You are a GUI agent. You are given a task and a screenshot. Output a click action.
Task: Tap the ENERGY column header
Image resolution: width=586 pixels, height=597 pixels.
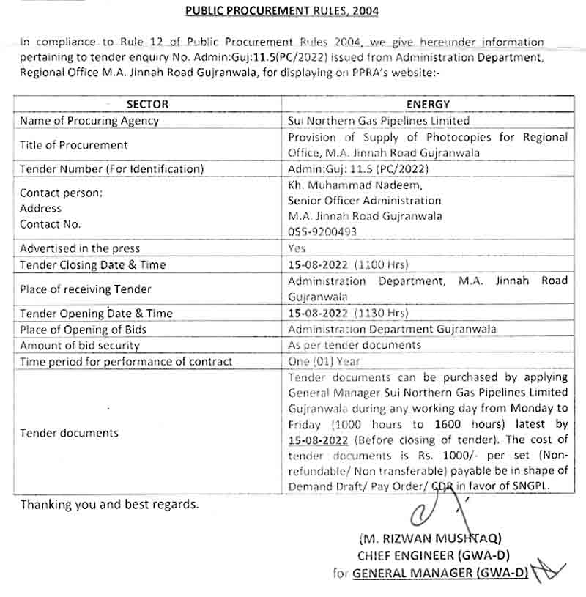click(x=428, y=105)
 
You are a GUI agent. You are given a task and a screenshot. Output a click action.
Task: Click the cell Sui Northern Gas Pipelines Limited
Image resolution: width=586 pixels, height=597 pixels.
click(x=379, y=121)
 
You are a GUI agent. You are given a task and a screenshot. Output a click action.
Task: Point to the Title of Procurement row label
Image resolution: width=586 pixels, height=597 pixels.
click(x=74, y=145)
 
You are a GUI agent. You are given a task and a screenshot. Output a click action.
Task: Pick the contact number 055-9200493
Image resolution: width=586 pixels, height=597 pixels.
click(x=322, y=231)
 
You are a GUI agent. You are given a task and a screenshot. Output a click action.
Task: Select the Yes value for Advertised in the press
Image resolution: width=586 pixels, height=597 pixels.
click(x=297, y=248)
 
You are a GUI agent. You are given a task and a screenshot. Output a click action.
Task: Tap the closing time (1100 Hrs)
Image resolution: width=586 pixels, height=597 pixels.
click(x=381, y=264)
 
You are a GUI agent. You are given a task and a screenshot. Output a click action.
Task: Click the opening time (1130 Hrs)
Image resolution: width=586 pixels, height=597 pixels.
click(x=381, y=313)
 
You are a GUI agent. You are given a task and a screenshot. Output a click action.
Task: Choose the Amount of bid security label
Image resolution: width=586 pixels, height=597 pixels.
click(x=80, y=345)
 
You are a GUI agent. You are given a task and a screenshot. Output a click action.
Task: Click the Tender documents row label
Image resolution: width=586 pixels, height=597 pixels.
click(x=69, y=433)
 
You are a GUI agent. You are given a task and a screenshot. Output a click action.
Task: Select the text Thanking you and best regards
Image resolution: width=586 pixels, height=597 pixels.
click(x=109, y=505)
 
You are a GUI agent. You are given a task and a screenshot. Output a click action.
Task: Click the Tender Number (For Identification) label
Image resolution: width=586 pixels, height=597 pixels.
click(x=111, y=169)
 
